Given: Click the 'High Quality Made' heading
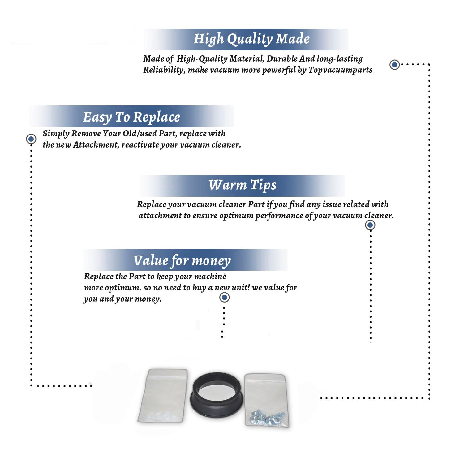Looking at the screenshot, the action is (x=251, y=39).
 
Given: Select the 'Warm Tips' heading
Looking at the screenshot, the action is (x=243, y=185).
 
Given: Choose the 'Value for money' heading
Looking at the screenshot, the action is (x=182, y=261).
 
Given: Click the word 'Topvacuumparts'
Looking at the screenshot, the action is (x=340, y=70).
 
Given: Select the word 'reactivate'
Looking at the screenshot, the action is (x=140, y=145).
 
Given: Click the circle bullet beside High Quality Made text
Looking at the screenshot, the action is (x=394, y=65).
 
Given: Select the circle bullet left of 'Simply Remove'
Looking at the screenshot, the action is (x=31, y=139).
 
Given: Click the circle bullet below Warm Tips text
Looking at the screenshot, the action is (x=370, y=225).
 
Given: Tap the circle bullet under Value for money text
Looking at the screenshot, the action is (x=224, y=298).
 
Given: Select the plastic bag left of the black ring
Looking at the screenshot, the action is (x=163, y=395).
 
